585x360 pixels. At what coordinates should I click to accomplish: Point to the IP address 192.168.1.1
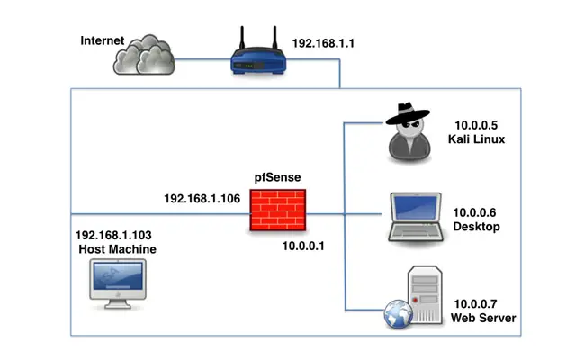324,42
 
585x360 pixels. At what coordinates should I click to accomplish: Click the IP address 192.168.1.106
202,198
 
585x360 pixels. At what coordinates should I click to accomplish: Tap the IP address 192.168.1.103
115,233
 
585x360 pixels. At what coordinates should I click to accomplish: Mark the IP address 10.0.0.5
477,125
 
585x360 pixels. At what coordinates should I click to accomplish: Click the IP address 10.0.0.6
477,212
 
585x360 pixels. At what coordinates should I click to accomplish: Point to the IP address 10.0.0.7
477,303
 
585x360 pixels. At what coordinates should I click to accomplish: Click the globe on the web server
398,315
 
